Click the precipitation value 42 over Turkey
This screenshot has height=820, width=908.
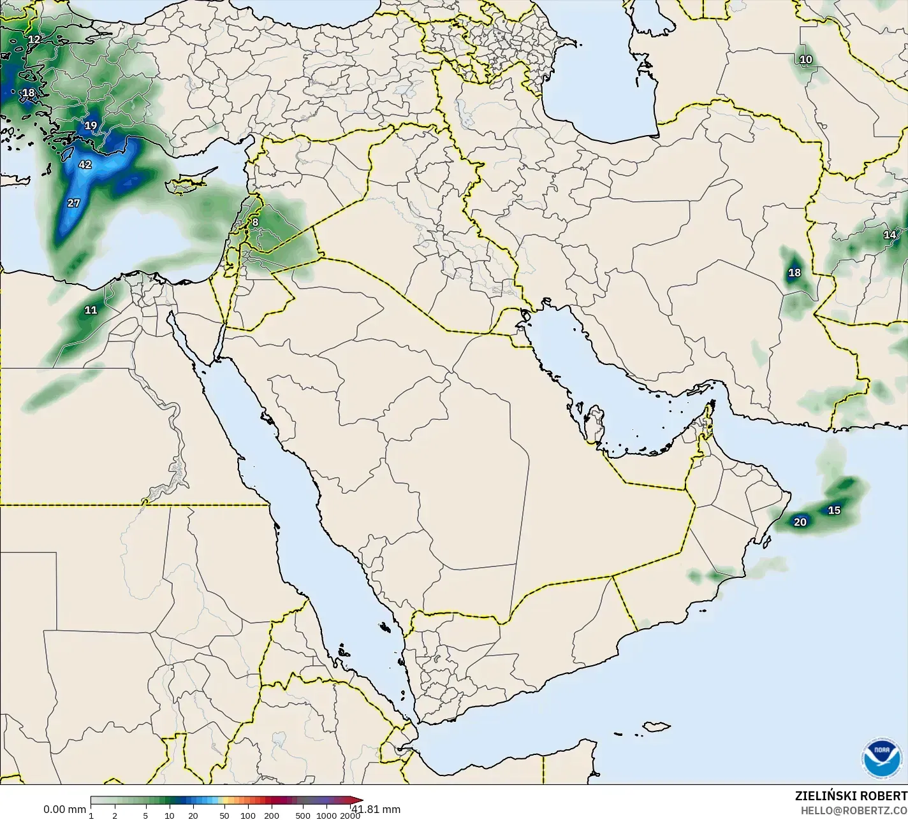point(85,164)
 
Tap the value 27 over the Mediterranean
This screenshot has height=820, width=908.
point(74,203)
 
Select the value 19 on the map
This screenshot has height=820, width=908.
point(91,126)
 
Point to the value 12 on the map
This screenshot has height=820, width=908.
point(34,40)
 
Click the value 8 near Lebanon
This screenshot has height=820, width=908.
point(255,222)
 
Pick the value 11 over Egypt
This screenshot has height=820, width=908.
point(91,310)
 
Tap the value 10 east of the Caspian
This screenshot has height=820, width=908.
point(806,60)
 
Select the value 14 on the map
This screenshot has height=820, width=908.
point(890,235)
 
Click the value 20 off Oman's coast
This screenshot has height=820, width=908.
point(800,522)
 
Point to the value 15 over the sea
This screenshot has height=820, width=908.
point(834,510)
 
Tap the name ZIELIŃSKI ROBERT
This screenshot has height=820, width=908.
point(851,796)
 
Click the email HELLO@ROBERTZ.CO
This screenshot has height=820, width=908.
point(854,810)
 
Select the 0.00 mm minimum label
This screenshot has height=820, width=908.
point(64,810)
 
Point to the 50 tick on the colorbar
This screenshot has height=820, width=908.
point(224,816)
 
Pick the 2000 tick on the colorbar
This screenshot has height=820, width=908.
point(349,816)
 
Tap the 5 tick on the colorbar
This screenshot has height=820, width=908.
point(145,816)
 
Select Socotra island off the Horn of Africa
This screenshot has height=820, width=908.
point(656,726)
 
